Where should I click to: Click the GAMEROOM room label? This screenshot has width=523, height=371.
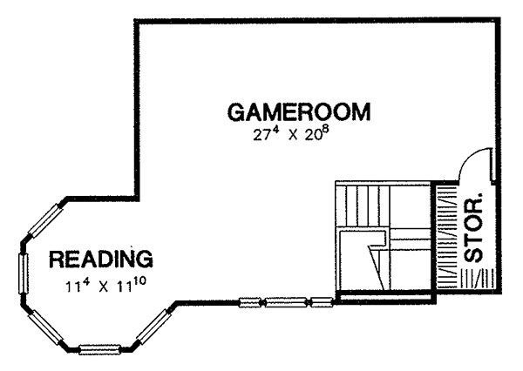298,112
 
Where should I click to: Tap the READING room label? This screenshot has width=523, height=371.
101,259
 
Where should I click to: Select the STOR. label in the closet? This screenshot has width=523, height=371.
474,227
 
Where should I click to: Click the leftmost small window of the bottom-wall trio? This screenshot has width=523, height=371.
250,303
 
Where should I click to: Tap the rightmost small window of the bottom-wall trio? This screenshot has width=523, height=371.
321,303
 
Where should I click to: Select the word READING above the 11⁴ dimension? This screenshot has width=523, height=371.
101,259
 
